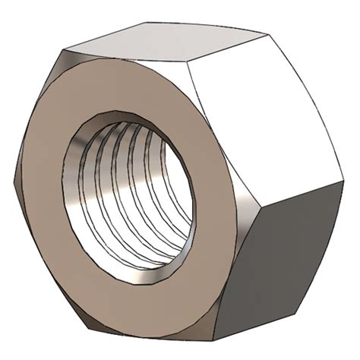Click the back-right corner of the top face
pos(267,34)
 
